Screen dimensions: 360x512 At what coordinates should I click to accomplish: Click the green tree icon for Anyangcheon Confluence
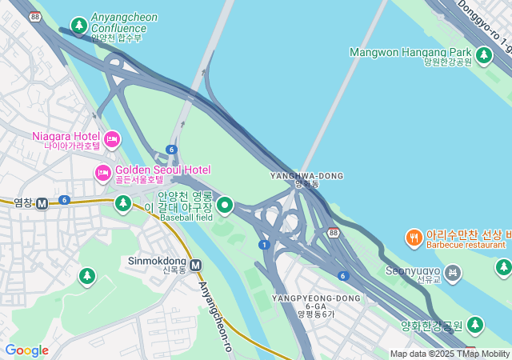(x=78, y=26)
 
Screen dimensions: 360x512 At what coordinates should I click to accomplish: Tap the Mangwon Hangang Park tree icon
(x=483, y=55)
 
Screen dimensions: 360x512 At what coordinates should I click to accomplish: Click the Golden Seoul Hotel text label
(x=162, y=170)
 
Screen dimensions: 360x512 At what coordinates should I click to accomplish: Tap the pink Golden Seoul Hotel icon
(x=103, y=172)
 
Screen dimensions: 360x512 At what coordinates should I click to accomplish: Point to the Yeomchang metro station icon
(x=42, y=203)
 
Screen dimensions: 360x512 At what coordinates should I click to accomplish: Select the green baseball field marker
(x=225, y=206)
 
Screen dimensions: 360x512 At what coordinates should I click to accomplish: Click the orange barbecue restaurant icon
(x=414, y=238)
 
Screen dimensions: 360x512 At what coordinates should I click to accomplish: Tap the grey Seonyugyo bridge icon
(x=454, y=274)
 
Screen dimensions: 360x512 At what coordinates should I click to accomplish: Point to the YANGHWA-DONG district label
(x=306, y=175)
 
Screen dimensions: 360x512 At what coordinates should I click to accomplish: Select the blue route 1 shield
(x=263, y=244)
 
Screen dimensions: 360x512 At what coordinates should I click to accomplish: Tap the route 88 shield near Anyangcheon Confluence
(x=34, y=16)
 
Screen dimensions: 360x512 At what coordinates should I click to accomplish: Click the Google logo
(x=26, y=350)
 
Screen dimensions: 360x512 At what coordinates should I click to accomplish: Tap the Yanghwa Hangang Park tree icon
(x=475, y=325)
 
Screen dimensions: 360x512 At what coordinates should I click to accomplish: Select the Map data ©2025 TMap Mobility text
(x=450, y=354)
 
